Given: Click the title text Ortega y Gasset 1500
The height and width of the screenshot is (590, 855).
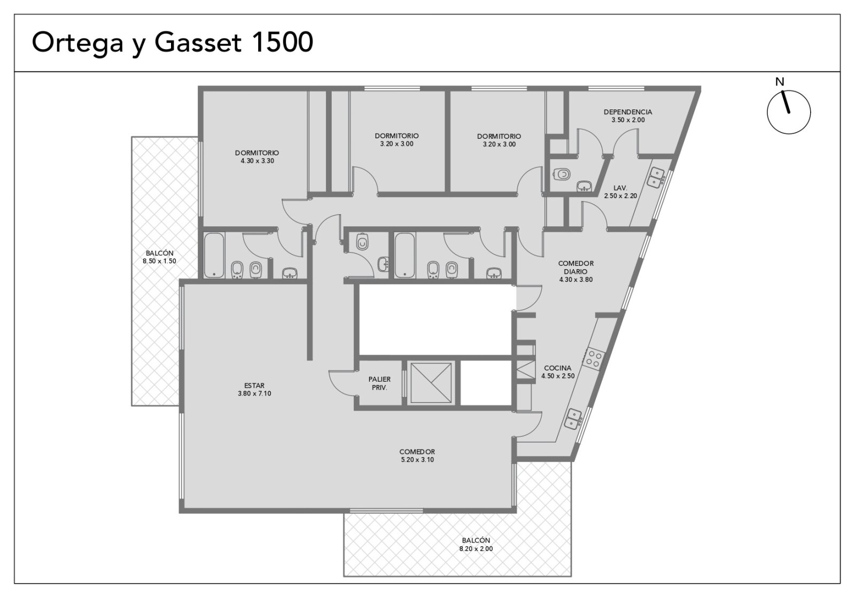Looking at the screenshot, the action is tap(173, 42).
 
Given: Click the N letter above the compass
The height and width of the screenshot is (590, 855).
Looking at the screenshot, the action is tap(780, 82).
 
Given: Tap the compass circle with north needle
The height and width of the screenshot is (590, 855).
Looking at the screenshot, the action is tap(789, 112).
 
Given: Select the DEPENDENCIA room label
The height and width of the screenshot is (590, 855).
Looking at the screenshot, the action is tap(628, 112).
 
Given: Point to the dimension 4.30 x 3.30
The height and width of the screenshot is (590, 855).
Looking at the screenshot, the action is tap(257, 161).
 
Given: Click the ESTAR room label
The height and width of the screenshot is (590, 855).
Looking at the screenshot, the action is tap(254, 386).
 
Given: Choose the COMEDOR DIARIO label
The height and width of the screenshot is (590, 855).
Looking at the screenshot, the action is tap(576, 268).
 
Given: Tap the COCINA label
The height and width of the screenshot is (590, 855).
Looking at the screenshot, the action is tap(558, 368).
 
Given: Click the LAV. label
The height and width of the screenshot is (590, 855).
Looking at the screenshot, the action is tap(620, 188).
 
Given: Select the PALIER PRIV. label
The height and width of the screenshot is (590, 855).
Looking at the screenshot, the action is tap(379, 383).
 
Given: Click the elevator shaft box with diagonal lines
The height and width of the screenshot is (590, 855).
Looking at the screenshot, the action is tap(431, 382).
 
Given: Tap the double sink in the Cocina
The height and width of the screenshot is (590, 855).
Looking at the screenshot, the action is tap(573, 419).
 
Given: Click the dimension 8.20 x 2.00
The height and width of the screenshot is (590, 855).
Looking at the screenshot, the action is tap(476, 549).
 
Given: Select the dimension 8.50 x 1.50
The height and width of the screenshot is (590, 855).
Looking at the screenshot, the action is tap(160, 261).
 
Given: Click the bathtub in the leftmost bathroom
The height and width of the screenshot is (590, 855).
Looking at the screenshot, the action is tap(214, 255).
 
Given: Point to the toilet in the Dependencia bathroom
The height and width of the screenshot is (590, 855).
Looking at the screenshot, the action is tap(562, 174).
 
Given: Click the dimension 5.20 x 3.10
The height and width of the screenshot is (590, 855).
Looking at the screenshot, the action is tap(417, 460).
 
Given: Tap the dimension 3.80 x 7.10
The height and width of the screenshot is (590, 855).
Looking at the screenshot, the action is tap(254, 394).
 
